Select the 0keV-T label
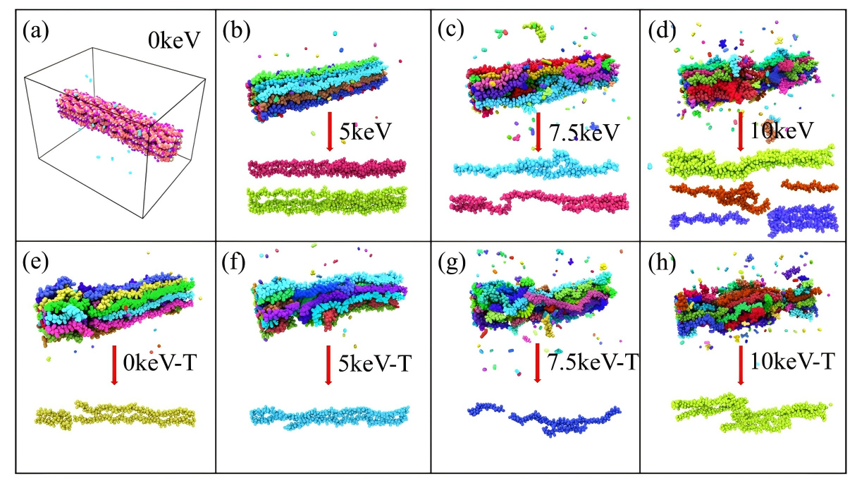click(x=160, y=365)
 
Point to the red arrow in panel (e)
click(x=114, y=364)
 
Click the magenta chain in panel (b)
click(x=327, y=168)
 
